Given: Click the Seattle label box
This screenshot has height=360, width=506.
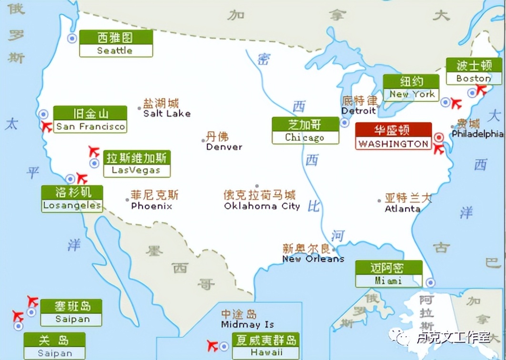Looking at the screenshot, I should [116, 44].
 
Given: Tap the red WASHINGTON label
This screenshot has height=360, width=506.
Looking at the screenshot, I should [393, 136].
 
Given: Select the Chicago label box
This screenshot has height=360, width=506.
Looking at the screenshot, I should [305, 130].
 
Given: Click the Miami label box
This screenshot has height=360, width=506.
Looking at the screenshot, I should [388, 274].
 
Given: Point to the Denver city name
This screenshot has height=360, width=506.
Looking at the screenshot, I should [224, 147].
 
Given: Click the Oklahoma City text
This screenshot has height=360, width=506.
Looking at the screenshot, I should [262, 206].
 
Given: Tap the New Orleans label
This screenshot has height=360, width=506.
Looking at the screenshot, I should [313, 259].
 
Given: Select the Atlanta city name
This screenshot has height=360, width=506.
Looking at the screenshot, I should [403, 209].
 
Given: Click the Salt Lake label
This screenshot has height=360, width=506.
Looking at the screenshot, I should [167, 113].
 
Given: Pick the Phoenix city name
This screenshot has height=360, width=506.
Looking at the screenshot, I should [152, 206].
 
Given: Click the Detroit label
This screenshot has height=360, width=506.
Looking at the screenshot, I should [359, 110].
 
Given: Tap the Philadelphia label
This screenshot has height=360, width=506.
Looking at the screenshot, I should [477, 134].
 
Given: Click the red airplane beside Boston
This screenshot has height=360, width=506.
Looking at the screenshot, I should [482, 90].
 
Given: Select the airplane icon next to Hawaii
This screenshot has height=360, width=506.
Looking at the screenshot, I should [213, 345].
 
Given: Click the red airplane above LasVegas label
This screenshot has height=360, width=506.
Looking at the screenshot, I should [94, 151].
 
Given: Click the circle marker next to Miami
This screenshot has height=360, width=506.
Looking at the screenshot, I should [430, 281].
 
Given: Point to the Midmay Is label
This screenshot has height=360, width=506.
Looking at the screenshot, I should [247, 324].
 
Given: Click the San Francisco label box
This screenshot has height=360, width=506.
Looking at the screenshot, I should [90, 120].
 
